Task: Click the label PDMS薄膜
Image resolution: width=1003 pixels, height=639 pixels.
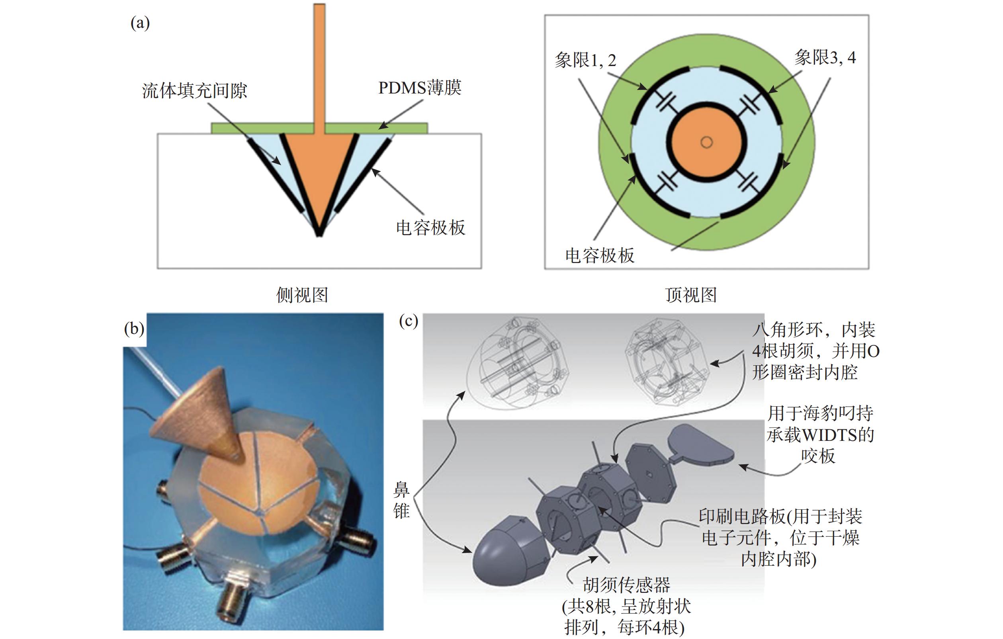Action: [419, 88]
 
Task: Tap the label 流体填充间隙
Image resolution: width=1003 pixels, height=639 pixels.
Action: [195, 91]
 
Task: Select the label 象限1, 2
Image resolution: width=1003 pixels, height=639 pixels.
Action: [585, 61]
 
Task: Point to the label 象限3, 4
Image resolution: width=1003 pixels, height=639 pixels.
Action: [825, 57]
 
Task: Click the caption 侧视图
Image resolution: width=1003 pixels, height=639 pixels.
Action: [302, 295]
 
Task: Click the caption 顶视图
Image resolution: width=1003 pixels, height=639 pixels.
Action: [690, 295]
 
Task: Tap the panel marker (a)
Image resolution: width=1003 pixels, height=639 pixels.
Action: [140, 23]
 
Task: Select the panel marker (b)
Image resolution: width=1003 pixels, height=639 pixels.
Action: [134, 329]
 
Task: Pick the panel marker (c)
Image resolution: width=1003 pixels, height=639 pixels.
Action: [408, 321]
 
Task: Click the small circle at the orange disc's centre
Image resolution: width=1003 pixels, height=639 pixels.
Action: [706, 142]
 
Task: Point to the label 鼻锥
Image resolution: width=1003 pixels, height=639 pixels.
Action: [401, 500]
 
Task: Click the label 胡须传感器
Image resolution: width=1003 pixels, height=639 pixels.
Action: [626, 585]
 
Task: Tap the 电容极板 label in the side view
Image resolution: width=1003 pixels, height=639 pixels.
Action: [430, 228]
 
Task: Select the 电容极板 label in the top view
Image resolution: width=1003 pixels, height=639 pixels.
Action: [600, 255]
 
